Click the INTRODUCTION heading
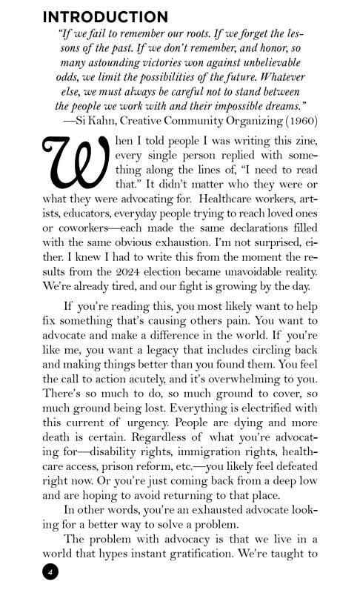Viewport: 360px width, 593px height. [x=105, y=16]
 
